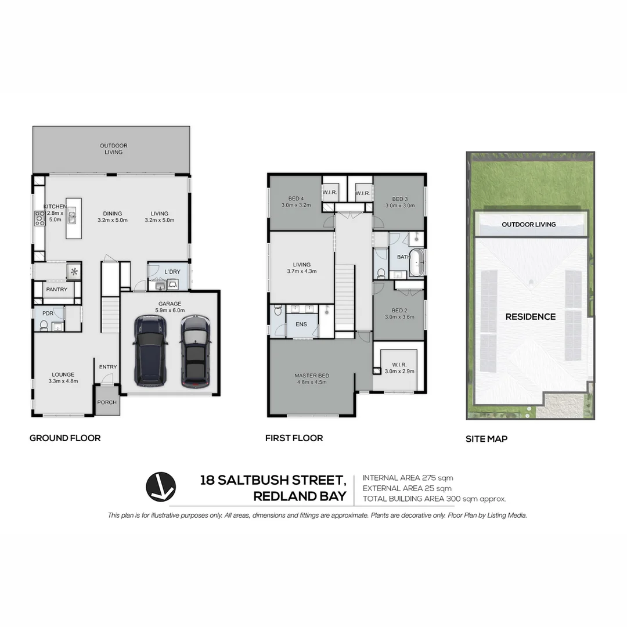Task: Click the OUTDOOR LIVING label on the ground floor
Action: (113, 149)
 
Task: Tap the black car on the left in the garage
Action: (150, 351)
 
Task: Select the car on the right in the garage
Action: (194, 352)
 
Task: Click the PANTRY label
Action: (57, 290)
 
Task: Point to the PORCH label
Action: (107, 402)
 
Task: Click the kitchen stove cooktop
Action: (40, 218)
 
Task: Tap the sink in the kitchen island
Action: (73, 218)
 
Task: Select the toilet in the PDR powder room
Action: (44, 325)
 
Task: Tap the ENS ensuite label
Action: (301, 325)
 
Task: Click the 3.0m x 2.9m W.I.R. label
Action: (399, 368)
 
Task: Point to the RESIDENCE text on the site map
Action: (530, 317)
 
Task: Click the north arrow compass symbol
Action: (161, 487)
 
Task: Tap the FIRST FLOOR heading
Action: (294, 438)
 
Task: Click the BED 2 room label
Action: (399, 313)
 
